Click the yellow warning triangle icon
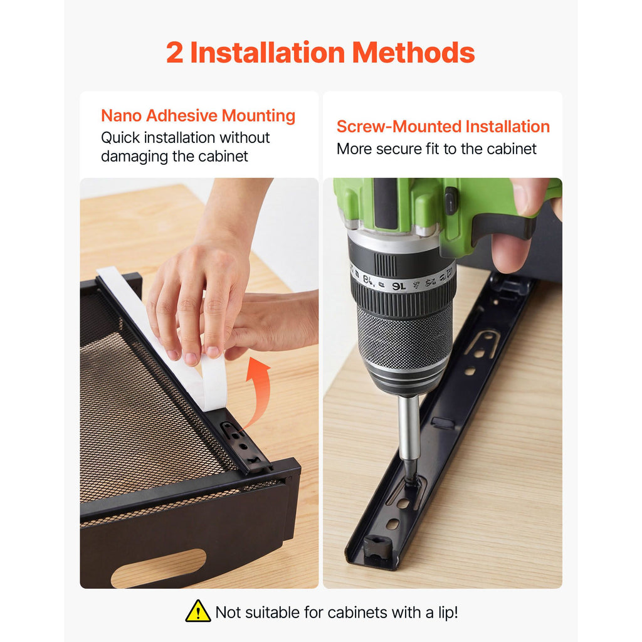click(198, 612)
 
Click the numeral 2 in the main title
click(174, 53)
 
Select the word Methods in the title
click(413, 53)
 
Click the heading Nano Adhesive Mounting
click(198, 116)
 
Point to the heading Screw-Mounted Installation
click(443, 127)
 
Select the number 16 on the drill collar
click(399, 286)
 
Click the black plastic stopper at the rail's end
click(377, 547)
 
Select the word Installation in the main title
click(268, 53)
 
